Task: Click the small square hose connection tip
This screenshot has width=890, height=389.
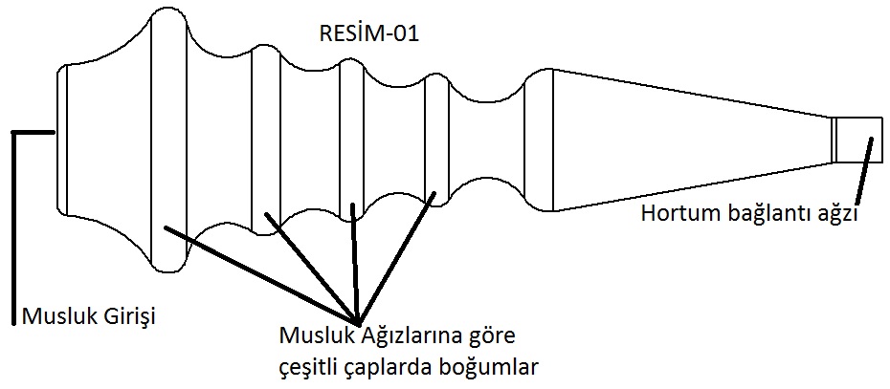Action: coord(856,140)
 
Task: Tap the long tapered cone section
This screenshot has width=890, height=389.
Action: coord(689,140)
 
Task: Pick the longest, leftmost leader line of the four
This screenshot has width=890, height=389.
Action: coord(258,273)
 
